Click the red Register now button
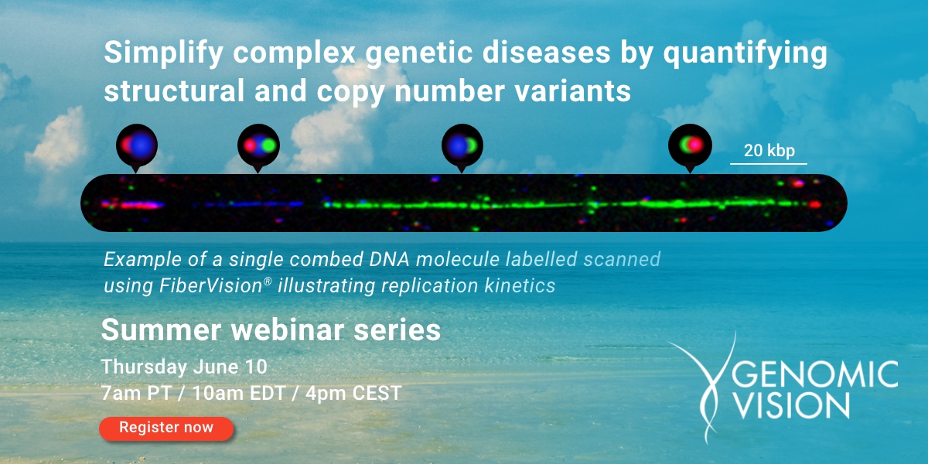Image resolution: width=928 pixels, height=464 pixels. pos(166,428)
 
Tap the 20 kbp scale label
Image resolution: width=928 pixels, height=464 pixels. pos(769,151)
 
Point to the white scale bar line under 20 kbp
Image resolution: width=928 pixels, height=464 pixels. pos(769,163)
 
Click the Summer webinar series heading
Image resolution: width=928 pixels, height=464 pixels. pos(271,331)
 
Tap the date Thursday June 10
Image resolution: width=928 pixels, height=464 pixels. pos(184,366)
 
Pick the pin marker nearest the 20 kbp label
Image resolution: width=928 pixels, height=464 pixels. pos(689,145)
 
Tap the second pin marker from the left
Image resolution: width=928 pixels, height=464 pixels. pos(258,145)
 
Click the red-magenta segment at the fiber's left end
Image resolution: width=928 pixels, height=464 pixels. pos(135,205)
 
